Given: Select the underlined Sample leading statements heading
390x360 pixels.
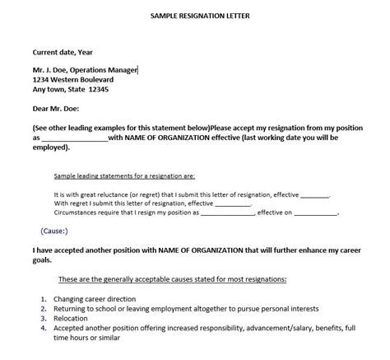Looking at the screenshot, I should [124, 176].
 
